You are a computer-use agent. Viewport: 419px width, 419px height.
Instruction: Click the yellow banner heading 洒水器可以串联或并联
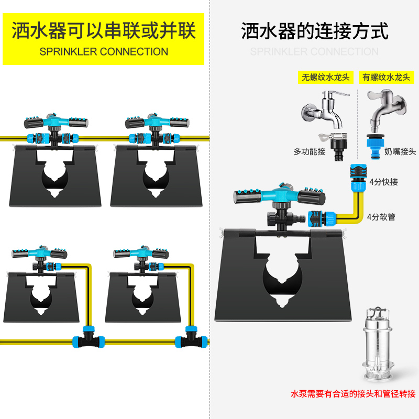tap(103, 31)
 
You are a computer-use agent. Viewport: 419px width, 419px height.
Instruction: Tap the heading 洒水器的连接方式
tap(315, 31)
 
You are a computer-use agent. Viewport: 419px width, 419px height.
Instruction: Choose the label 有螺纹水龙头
tap(387, 77)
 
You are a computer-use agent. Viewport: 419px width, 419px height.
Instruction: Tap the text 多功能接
tap(310, 152)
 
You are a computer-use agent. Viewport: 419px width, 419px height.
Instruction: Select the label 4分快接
tap(384, 182)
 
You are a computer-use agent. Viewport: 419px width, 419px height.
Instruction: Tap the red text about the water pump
tap(354, 394)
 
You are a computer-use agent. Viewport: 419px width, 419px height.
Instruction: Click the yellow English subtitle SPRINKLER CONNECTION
tap(104, 52)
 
